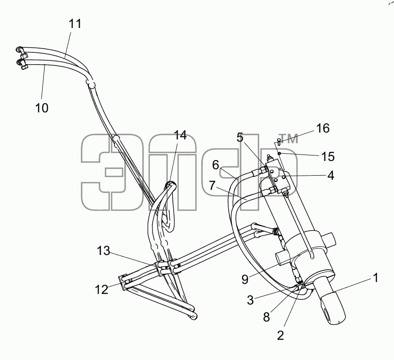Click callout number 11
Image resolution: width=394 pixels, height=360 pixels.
[x=75, y=24]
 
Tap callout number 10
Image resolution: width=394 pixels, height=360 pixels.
[x=42, y=108]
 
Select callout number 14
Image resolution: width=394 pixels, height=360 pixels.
[x=180, y=135]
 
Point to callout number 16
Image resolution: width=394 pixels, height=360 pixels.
[x=323, y=128]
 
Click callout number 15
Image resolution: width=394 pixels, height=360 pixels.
[x=328, y=156]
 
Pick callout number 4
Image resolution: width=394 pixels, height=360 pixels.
[x=331, y=175]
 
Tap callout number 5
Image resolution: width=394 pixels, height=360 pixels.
[x=240, y=138]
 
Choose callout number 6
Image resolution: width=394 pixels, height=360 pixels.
[x=216, y=165]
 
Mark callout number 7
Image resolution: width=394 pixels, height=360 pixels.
[x=212, y=186]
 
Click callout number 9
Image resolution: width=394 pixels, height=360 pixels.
[x=245, y=279]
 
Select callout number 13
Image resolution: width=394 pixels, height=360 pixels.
[x=104, y=250]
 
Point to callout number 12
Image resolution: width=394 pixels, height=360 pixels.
[x=102, y=289]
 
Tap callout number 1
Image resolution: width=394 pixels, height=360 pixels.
[x=376, y=278]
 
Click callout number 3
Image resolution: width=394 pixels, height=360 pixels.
[x=250, y=300]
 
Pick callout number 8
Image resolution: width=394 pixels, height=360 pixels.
[x=266, y=317]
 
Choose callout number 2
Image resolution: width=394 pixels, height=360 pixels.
[x=280, y=335]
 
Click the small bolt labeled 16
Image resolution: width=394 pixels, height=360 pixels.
[x=279, y=142]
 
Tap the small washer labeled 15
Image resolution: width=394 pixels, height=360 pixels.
[x=279, y=153]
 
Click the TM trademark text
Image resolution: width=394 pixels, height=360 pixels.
[x=289, y=139]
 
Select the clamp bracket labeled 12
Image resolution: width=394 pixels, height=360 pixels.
[x=123, y=282]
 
